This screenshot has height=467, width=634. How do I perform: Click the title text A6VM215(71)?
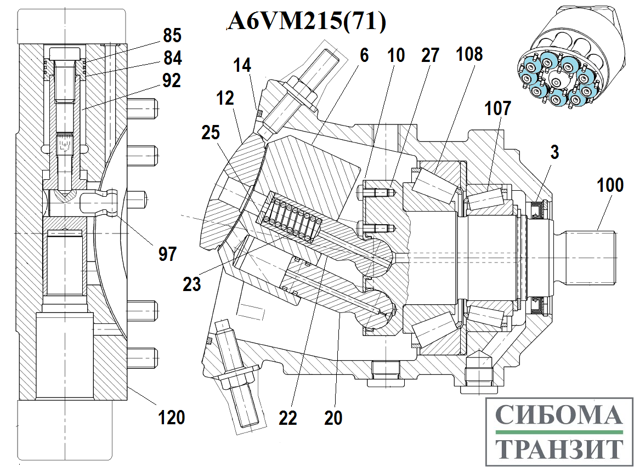307,21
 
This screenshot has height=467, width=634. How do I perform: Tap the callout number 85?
172,36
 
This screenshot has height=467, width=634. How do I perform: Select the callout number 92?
172,81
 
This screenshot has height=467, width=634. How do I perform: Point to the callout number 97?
167,254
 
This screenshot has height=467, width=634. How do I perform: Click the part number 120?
172,417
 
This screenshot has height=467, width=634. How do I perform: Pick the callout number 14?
242,65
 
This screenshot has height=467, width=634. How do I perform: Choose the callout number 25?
211,133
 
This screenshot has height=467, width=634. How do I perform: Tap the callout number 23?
191,284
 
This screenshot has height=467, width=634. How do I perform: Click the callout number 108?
469,54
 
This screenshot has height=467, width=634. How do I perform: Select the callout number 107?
498,109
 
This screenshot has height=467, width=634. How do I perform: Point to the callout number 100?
610,185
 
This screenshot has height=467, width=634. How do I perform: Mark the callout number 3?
554,152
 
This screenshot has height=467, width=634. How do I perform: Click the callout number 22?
288,418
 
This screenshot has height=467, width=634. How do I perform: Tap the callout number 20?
333,418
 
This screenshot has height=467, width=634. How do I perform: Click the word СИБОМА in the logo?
559,415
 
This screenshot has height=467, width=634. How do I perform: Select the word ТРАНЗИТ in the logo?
559,448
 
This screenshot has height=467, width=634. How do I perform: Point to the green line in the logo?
559,432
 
